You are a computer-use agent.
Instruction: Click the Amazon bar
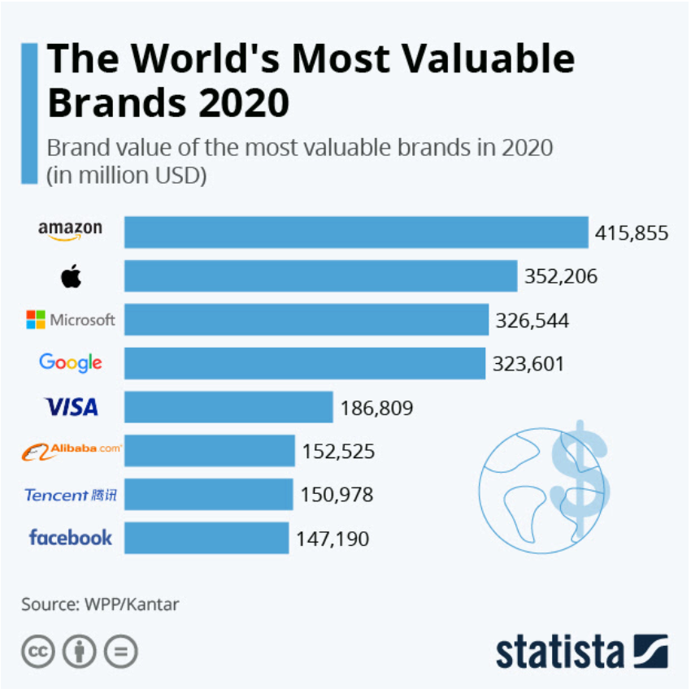(355, 232)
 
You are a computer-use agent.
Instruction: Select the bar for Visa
(228, 406)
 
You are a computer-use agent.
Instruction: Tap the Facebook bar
(206, 538)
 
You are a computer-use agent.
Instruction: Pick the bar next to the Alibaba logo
(209, 450)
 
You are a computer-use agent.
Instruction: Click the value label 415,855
(632, 233)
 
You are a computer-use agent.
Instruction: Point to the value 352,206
(561, 277)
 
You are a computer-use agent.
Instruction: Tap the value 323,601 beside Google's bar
(528, 364)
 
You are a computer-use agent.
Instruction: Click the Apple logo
(71, 277)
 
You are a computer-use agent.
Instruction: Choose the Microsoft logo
(71, 320)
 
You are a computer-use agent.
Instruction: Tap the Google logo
(71, 363)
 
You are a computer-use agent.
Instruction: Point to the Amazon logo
(71, 231)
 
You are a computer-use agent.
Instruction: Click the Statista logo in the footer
(581, 652)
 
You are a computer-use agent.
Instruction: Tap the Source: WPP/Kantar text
(100, 604)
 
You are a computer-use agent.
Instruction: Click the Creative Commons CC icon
(37, 652)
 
